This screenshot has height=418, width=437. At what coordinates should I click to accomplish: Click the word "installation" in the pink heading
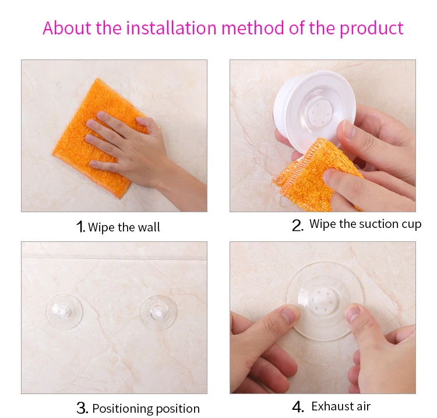click(x=171, y=28)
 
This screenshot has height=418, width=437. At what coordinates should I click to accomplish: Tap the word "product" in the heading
click(x=371, y=29)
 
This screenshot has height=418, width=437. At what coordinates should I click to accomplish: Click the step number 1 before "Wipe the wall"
click(x=80, y=227)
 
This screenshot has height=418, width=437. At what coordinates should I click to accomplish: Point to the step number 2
click(x=298, y=225)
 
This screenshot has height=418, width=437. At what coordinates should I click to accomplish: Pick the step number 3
click(x=82, y=408)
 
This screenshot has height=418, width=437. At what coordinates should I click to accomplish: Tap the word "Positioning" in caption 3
click(x=122, y=409)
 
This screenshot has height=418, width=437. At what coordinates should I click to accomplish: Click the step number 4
click(x=298, y=407)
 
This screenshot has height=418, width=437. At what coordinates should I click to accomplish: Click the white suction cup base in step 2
click(x=315, y=110)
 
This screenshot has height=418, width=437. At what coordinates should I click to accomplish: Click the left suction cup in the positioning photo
click(x=64, y=311)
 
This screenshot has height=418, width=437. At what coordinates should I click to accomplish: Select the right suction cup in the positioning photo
click(x=158, y=312)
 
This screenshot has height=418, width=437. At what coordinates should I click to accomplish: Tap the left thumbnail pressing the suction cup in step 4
click(x=289, y=315)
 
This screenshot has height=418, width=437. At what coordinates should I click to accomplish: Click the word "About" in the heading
click(x=67, y=28)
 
